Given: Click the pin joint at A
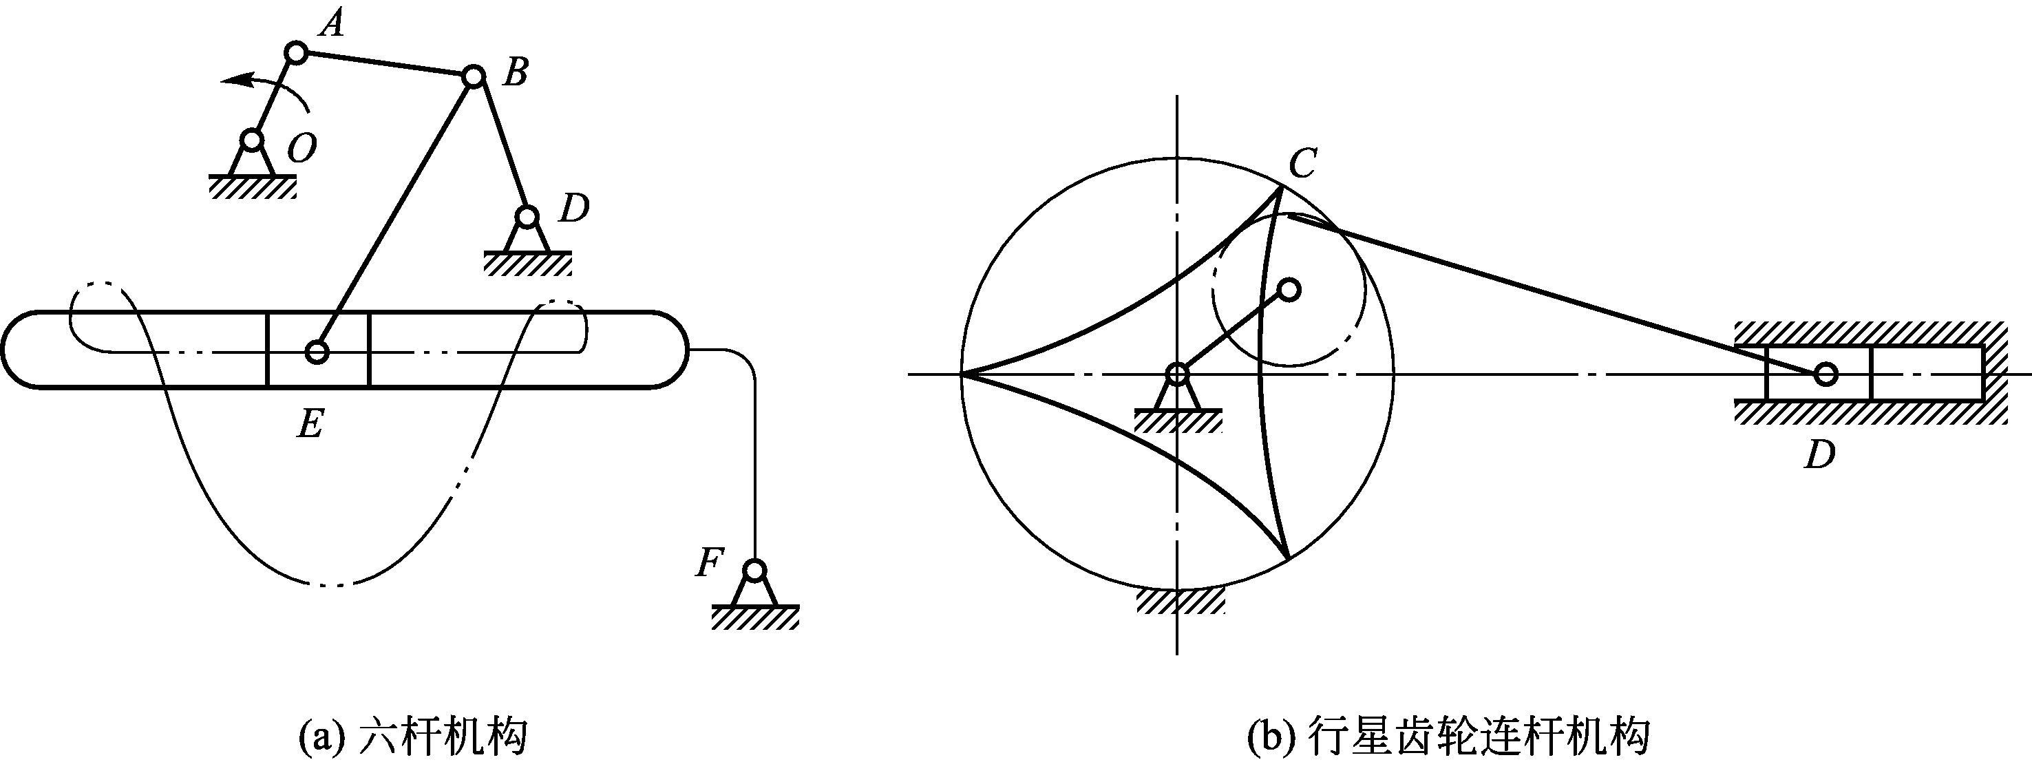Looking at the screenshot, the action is click(296, 53).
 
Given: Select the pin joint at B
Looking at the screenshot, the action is click(472, 76).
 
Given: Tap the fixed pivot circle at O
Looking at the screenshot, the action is click(252, 140).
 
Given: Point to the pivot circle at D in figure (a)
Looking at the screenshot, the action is click(527, 216).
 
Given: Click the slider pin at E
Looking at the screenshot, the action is click(317, 352).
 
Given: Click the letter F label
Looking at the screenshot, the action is click(708, 563).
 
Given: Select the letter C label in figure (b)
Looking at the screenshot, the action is click(1302, 163).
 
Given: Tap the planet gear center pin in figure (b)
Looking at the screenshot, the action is click(1288, 290).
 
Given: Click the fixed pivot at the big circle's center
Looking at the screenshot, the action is click(1176, 374).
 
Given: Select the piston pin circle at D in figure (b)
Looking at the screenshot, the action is click(1825, 374).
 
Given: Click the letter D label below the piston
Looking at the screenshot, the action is click(1820, 455).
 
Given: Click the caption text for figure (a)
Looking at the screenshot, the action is click(412, 737).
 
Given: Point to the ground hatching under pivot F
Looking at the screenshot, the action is click(755, 617).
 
